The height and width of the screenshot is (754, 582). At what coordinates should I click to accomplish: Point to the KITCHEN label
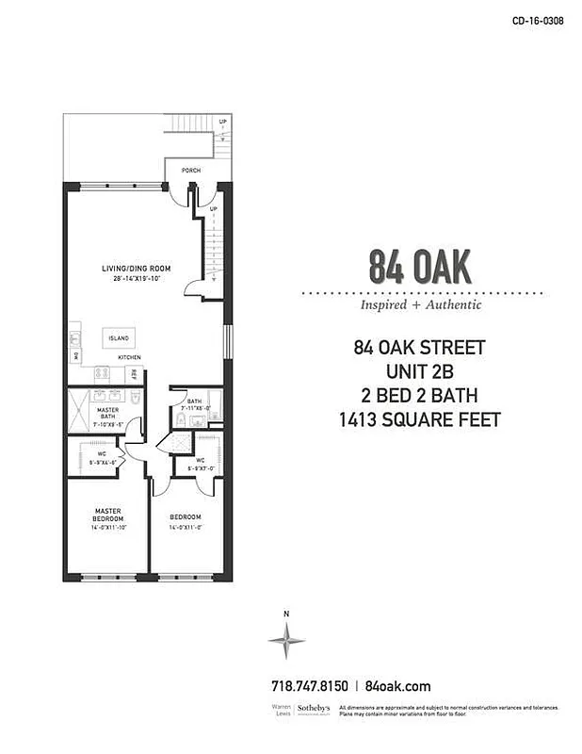[130, 358]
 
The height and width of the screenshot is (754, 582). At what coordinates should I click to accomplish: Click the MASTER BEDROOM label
[107, 516]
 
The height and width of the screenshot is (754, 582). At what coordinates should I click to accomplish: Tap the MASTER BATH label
[107, 413]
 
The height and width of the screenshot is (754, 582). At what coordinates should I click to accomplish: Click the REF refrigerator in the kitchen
[134, 374]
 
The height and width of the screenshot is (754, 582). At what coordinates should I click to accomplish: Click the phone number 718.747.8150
[309, 686]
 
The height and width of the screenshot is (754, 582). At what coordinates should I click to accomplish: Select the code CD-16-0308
[538, 20]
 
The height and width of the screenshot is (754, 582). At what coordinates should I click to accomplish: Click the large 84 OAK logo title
[420, 268]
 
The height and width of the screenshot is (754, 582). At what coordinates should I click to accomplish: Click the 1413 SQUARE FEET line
[420, 418]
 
